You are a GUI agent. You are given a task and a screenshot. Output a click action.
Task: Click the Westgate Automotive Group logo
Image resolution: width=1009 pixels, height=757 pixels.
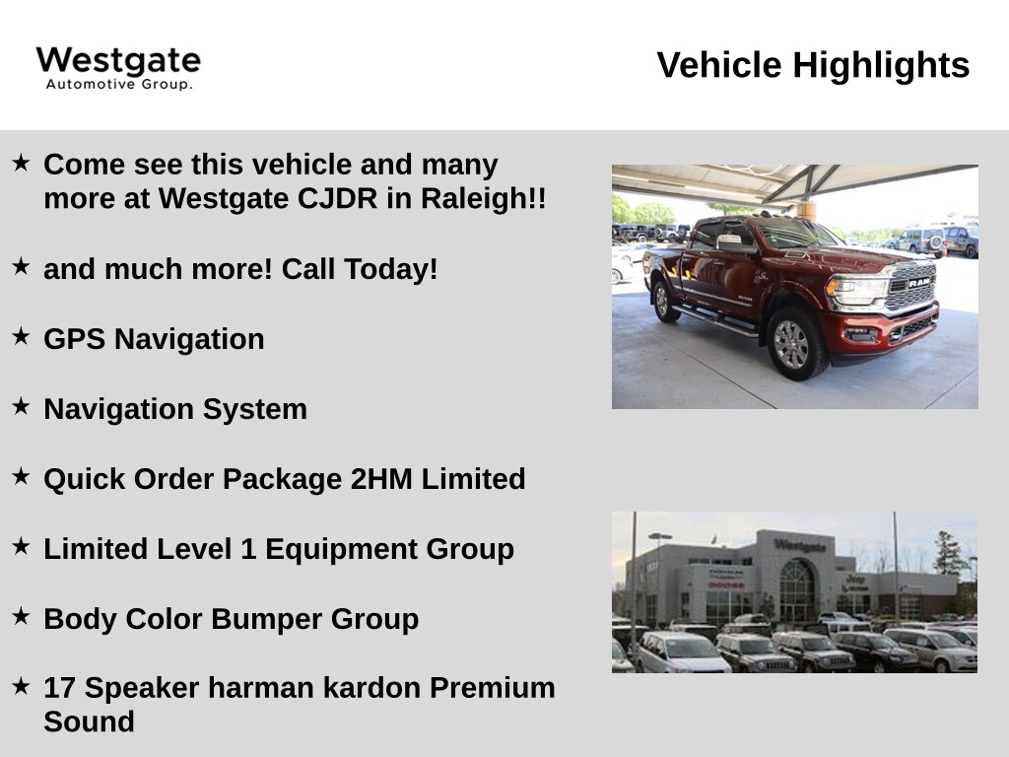pyautogui.click(x=118, y=68)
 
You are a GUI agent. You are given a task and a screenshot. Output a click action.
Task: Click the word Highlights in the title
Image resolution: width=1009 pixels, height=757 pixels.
pyautogui.click(x=881, y=65)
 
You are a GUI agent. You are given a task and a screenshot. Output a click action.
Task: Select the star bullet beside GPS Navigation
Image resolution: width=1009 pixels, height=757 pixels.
pyautogui.click(x=21, y=336)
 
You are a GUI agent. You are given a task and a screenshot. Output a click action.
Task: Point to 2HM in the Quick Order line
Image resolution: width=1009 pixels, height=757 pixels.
pyautogui.click(x=381, y=479)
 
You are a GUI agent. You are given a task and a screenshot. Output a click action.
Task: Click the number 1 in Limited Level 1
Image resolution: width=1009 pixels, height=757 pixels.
pyautogui.click(x=248, y=549)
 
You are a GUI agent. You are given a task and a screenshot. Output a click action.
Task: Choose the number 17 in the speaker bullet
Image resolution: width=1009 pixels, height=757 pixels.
pyautogui.click(x=60, y=688)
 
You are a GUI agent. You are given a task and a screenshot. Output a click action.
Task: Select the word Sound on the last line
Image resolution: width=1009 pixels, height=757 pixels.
pyautogui.click(x=89, y=722)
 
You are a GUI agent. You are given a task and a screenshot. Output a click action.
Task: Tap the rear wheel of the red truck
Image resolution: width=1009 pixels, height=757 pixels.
pyautogui.click(x=663, y=301)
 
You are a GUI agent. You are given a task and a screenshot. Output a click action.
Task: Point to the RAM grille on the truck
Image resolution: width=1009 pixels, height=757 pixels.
pyautogui.click(x=912, y=287)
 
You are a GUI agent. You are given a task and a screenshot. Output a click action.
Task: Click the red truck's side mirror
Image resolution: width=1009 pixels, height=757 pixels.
pyautogui.click(x=731, y=242)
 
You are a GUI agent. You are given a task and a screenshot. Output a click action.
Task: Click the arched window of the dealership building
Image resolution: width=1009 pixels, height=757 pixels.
pyautogui.click(x=797, y=589)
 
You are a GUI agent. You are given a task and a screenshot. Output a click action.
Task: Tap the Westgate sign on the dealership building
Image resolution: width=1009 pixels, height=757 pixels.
pyautogui.click(x=800, y=545)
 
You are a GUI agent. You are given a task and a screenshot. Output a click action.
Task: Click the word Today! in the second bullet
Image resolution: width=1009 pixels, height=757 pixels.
pyautogui.click(x=390, y=269)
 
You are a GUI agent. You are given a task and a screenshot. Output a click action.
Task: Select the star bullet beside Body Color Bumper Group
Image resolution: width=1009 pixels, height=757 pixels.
pyautogui.click(x=21, y=616)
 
